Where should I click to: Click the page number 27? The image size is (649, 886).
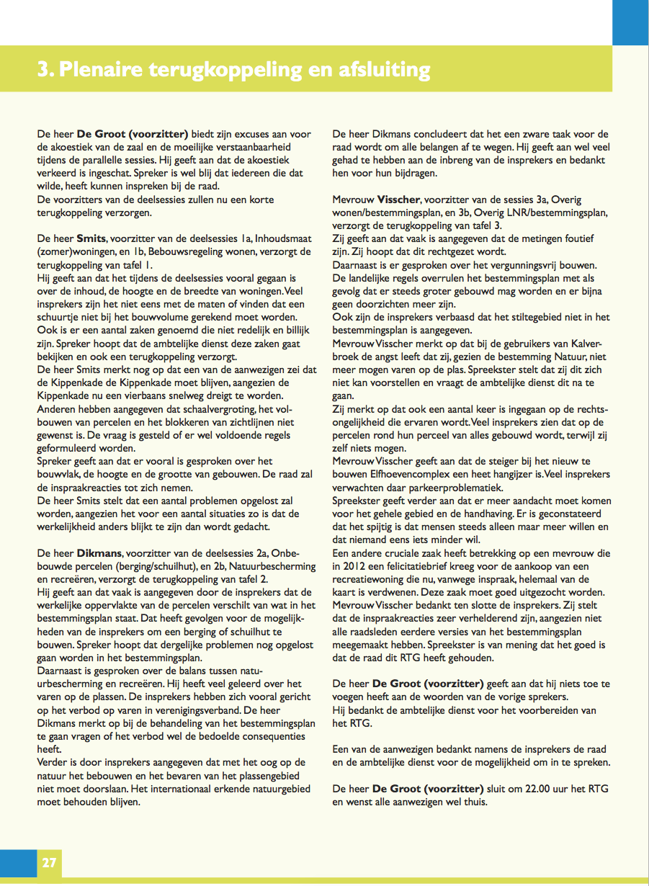click(48, 862)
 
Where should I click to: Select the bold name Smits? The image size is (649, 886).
click(91, 238)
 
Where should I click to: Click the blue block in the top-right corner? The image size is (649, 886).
click(630, 22)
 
